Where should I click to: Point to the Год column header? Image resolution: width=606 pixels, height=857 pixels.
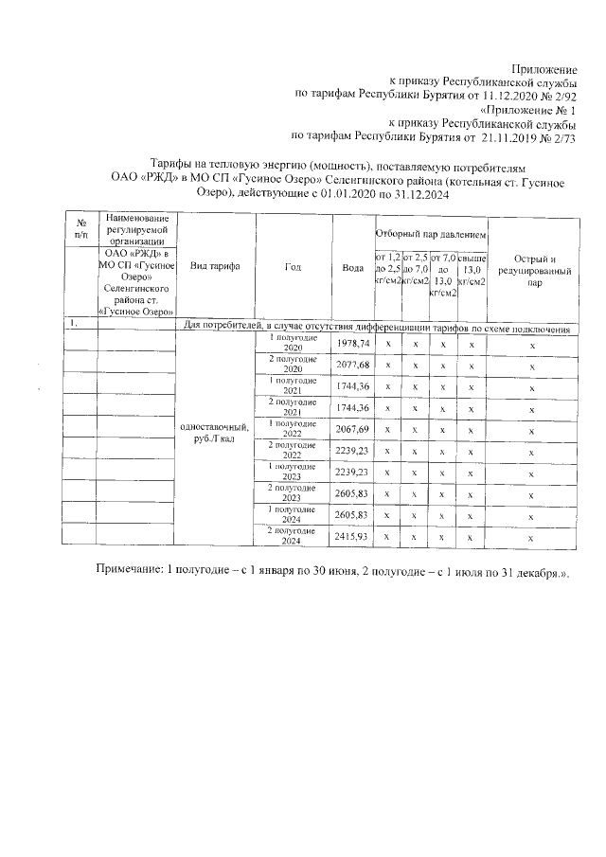[x=293, y=266]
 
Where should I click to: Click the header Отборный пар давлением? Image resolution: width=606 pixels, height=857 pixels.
[x=431, y=233]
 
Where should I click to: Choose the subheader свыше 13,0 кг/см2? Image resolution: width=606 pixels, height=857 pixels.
[x=472, y=269]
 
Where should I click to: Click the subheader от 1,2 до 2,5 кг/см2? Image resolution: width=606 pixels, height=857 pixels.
[x=388, y=269]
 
